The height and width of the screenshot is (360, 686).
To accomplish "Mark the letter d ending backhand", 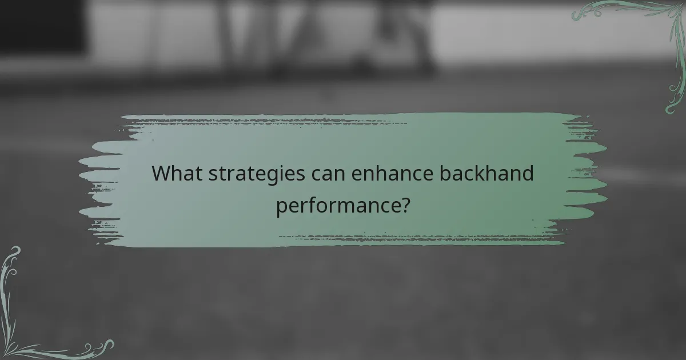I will pos(527,173).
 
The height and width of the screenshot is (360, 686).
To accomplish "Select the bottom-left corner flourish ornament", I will pos(34,320).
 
